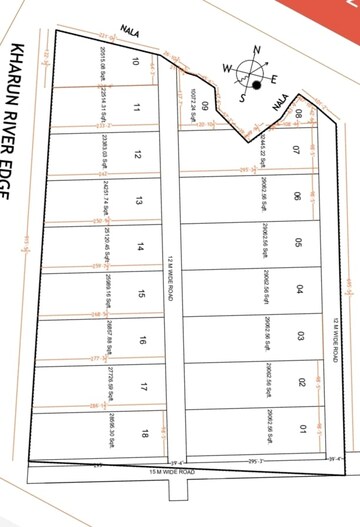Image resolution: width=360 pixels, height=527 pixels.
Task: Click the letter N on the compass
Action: (x=258, y=50)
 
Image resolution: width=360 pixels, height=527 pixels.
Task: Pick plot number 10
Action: (x=136, y=62)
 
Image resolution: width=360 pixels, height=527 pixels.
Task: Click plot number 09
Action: (x=204, y=106)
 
